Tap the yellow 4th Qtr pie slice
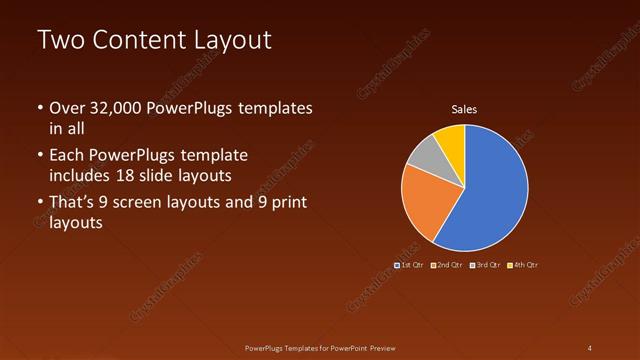pyautogui.click(x=452, y=139)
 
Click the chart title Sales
pyautogui.click(x=464, y=109)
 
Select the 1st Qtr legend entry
pyautogui.click(x=410, y=265)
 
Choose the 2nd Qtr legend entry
pyautogui.click(x=446, y=265)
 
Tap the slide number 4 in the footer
pyautogui.click(x=590, y=347)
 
